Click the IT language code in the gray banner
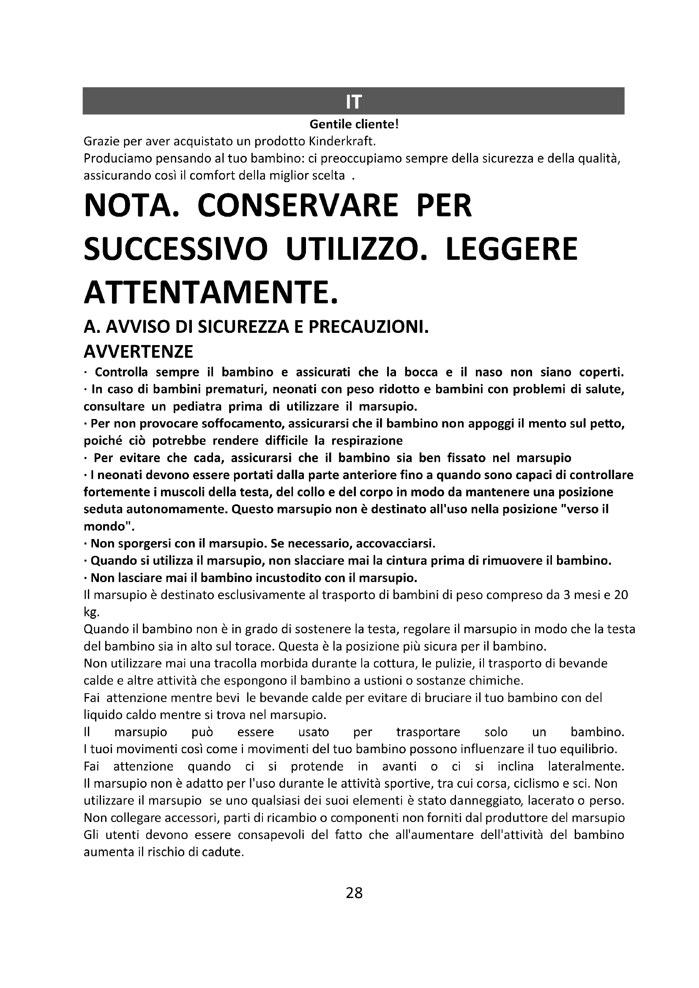click(353, 101)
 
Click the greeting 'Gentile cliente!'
click(354, 125)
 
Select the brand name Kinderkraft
click(342, 142)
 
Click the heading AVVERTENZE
click(138, 352)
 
